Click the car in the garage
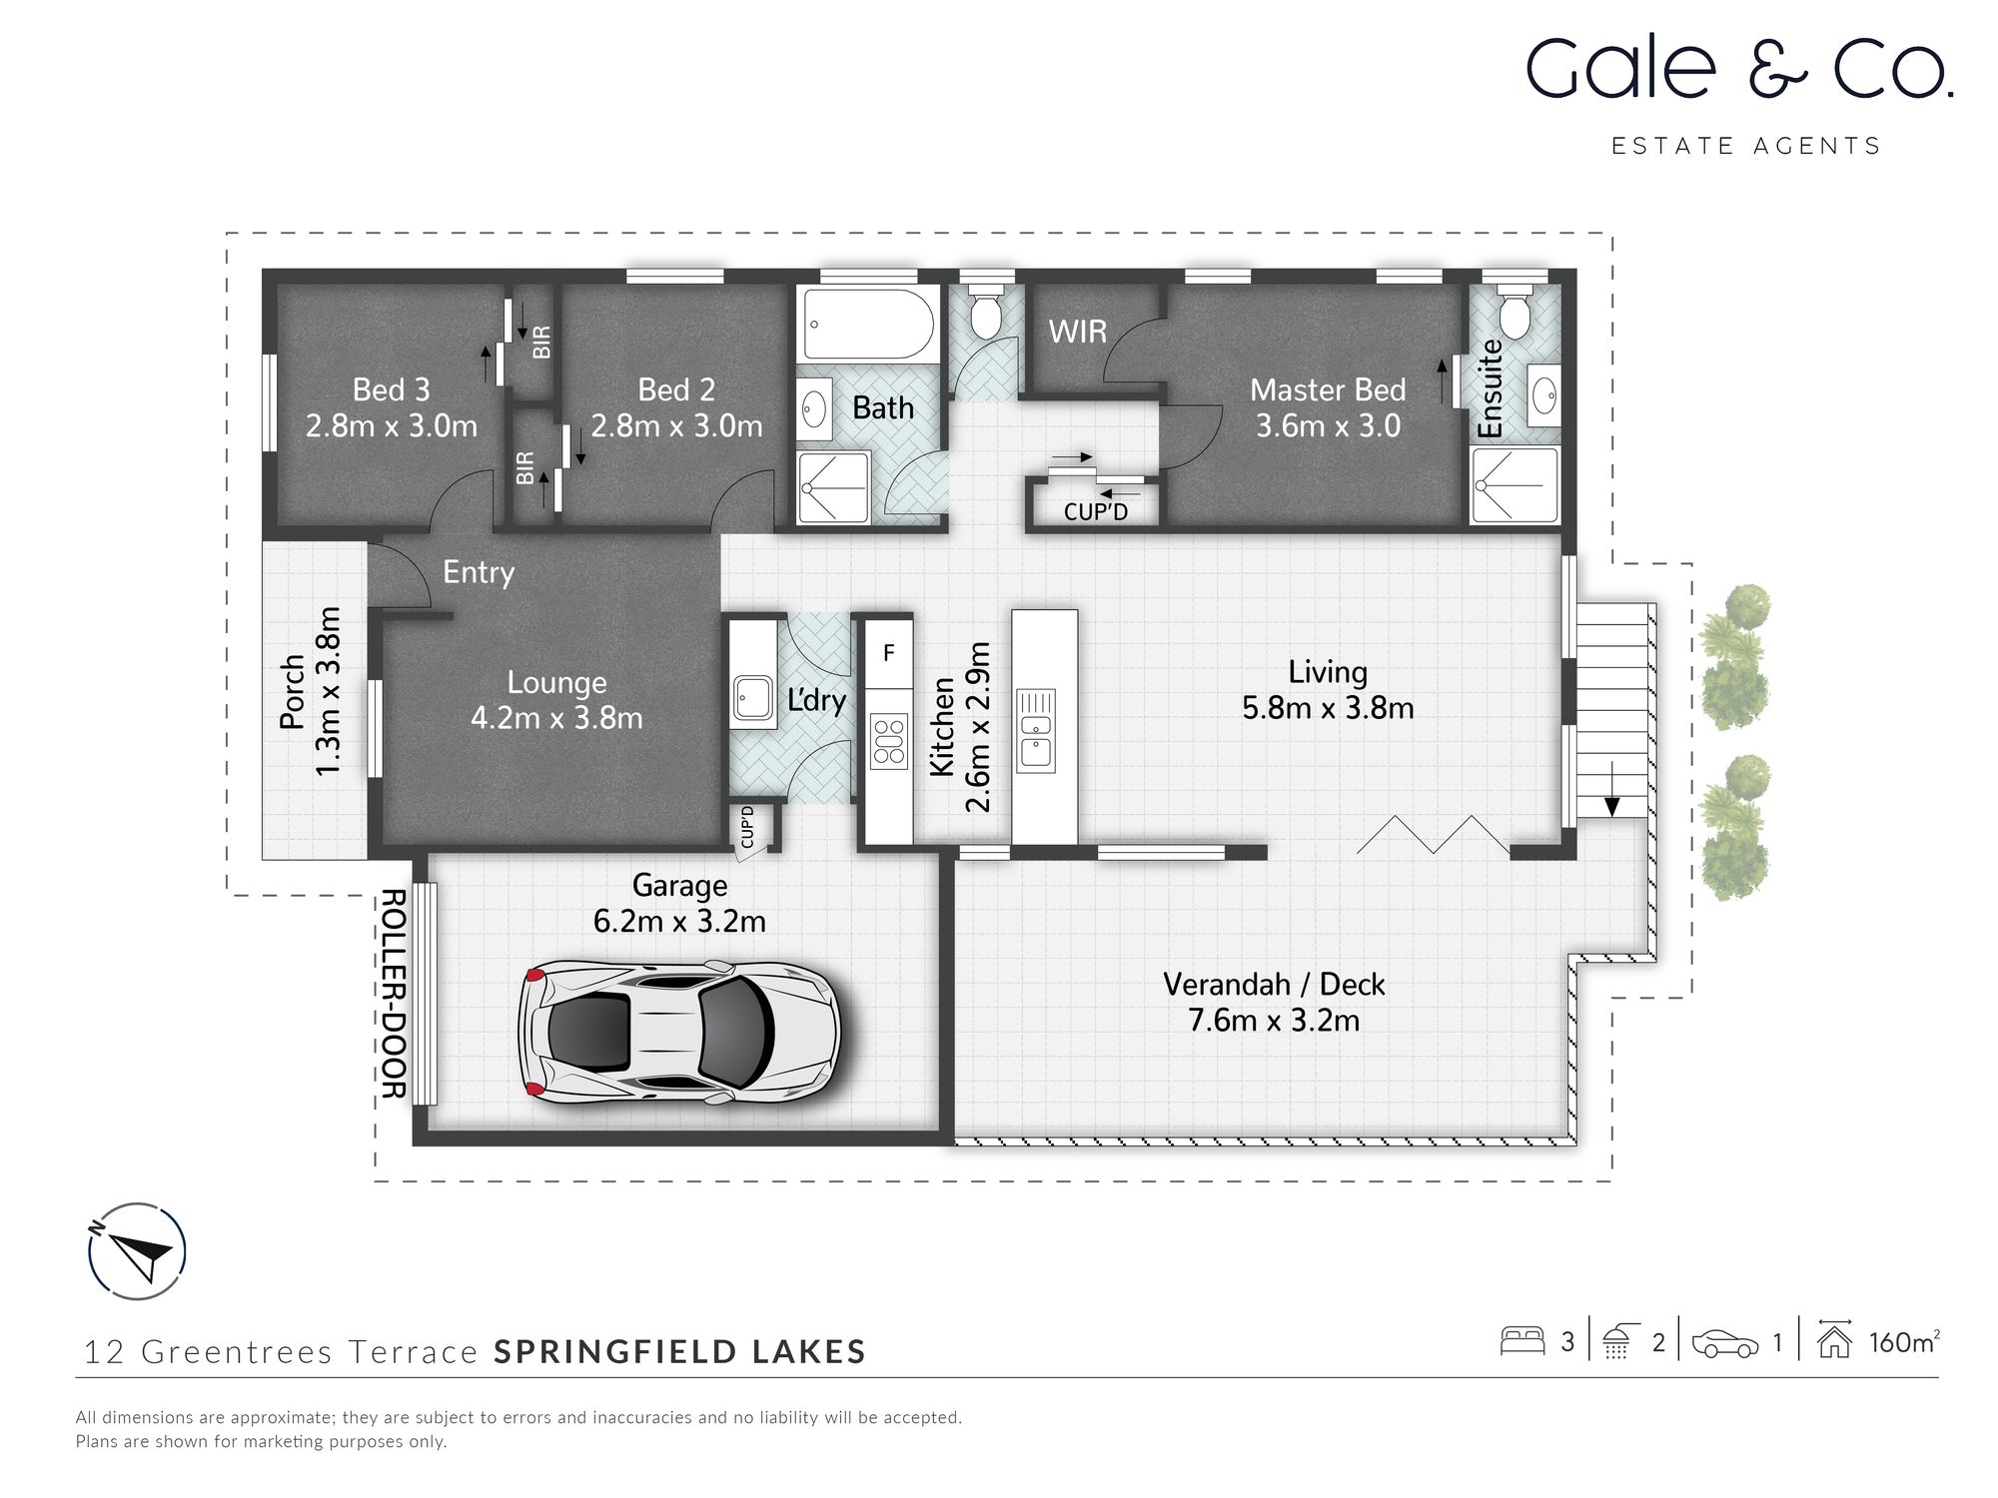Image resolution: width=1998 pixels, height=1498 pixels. point(679,1031)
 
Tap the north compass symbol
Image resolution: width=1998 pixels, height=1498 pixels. point(137,1251)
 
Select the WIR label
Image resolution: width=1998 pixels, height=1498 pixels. point(1077,332)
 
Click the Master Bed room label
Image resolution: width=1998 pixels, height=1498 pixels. point(1328,407)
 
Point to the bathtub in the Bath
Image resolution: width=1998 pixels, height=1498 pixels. point(868,325)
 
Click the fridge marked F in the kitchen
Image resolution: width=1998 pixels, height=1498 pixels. point(888,653)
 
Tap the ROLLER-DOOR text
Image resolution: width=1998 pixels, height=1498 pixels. point(394,994)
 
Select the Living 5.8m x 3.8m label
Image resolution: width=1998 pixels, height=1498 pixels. point(1328,690)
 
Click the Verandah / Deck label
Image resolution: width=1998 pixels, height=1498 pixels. point(1274,1002)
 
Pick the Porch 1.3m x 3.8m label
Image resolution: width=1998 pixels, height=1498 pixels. point(310,691)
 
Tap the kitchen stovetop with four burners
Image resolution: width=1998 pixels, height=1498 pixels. point(888,740)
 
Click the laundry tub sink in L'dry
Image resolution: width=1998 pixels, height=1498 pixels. point(752,696)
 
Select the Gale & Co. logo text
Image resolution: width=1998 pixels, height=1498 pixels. point(1738,70)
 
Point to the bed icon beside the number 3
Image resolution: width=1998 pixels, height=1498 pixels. point(1522,1341)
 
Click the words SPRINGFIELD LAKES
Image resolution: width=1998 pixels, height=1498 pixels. point(679,1351)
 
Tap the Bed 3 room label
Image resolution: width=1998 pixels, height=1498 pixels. point(392,407)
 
